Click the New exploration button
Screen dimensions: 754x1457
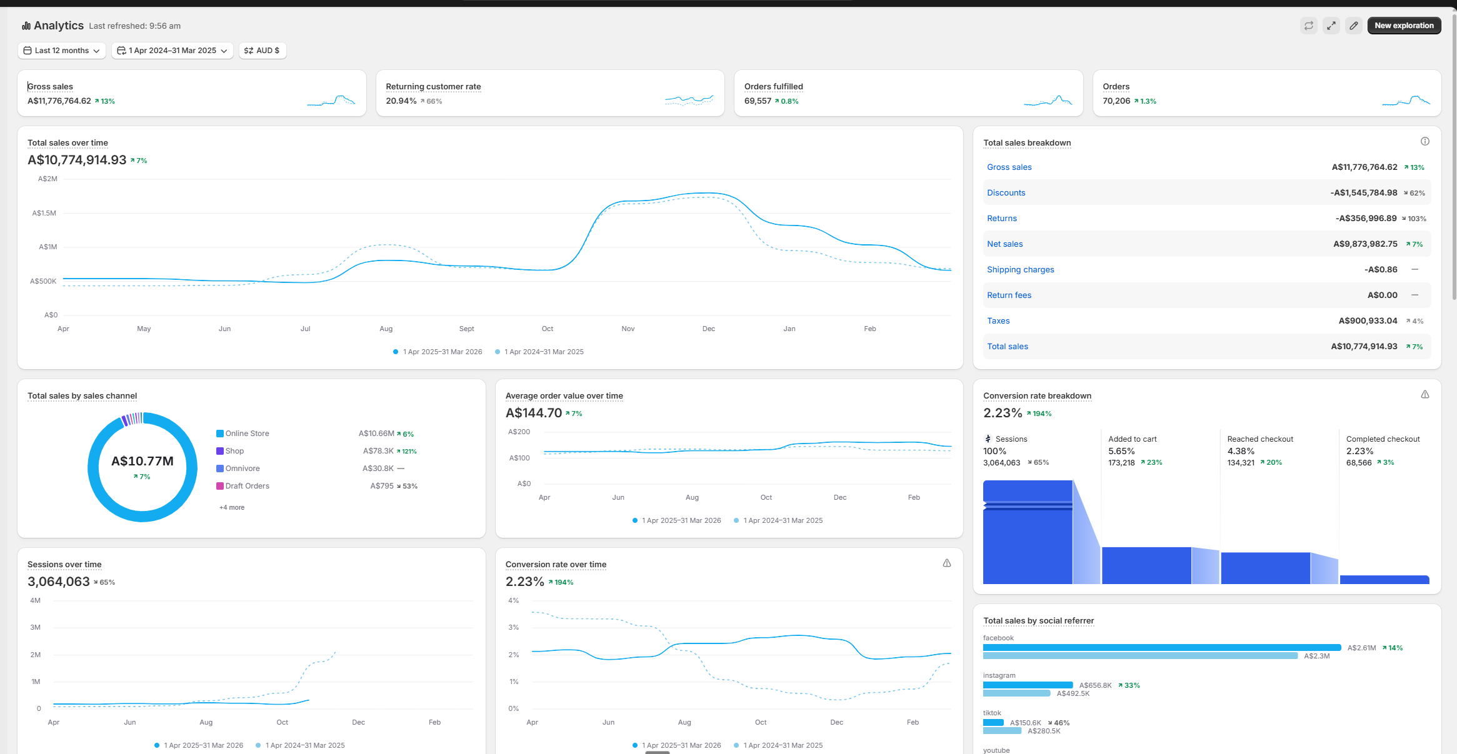(1404, 26)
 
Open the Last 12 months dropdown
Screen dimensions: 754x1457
(61, 51)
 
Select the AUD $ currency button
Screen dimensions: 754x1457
(263, 51)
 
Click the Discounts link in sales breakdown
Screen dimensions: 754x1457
(1006, 193)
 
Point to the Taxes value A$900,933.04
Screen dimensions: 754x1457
(1368, 321)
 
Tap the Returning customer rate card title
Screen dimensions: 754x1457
(433, 87)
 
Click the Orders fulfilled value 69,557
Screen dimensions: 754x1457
(758, 101)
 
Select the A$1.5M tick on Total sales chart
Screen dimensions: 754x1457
(44, 213)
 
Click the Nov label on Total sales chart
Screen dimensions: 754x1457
(628, 329)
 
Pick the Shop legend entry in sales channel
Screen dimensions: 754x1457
(234, 451)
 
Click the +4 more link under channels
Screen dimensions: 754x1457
(232, 507)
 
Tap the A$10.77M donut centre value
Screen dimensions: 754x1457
(143, 461)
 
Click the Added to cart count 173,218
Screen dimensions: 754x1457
(1121, 463)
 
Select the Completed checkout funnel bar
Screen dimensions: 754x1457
(1384, 580)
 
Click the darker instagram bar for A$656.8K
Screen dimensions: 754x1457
(1028, 685)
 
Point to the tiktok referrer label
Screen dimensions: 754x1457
(992, 713)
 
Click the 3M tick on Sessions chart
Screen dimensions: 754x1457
(36, 627)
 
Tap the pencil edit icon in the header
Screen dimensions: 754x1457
(1353, 26)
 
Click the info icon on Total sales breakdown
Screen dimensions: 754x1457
(1424, 142)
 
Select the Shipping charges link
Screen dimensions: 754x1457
(1020, 270)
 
